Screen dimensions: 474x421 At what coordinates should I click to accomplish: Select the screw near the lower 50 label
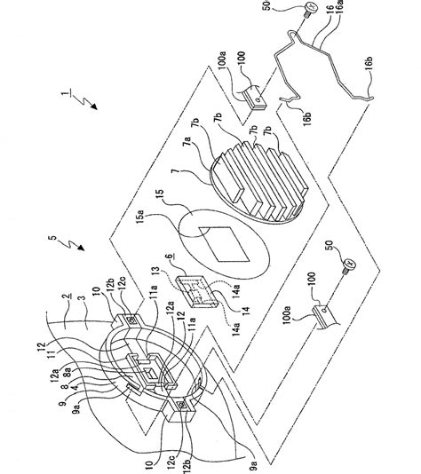coord(349,265)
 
